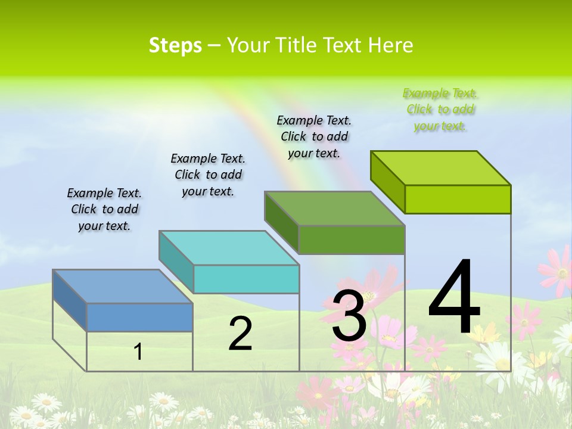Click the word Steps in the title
[x=175, y=45]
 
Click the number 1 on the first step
[x=138, y=352]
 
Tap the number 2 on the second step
[x=240, y=334]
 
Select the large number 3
[x=349, y=316]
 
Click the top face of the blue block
[x=122, y=287]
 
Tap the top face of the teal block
[x=228, y=248]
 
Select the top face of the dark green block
[x=334, y=209]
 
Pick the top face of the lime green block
[x=440, y=168]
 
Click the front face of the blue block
[x=139, y=317]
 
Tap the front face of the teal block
[x=246, y=279]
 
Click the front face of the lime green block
[x=458, y=199]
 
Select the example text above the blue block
[x=104, y=209]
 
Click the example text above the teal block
[x=208, y=175]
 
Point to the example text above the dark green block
[x=314, y=136]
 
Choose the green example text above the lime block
[x=440, y=109]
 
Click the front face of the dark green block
[x=352, y=240]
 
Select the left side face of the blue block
[x=70, y=300]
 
